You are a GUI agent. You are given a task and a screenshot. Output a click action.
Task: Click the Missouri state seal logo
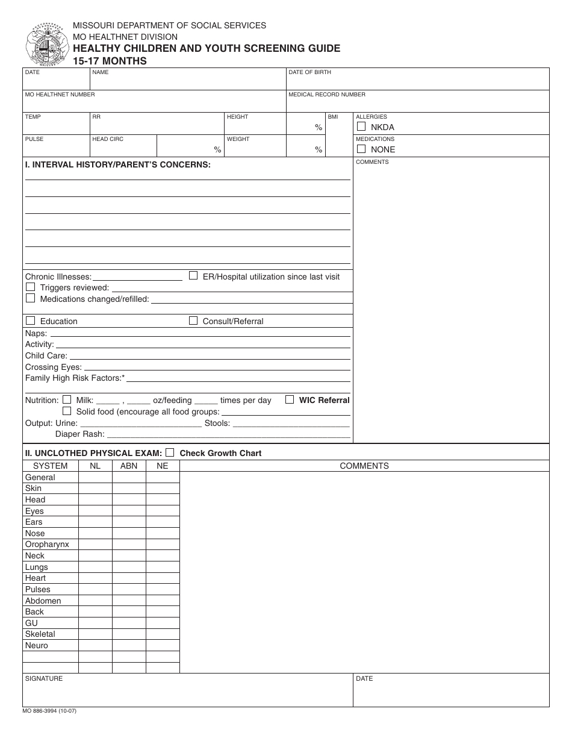tap(45, 45)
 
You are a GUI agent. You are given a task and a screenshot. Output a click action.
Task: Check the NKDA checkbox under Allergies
tap(361, 127)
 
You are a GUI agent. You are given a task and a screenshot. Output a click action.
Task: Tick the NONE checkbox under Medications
tap(361, 149)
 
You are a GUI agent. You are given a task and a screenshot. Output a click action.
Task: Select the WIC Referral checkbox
tap(290, 399)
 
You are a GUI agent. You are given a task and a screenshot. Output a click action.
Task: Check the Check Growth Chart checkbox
tap(170, 452)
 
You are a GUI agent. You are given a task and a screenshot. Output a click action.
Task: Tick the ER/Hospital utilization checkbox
tap(193, 276)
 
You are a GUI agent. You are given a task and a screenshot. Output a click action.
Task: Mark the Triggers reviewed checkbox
tap(30, 287)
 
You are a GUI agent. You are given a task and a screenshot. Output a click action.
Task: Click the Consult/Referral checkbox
tap(193, 320)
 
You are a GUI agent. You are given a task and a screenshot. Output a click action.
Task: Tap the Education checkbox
tap(30, 320)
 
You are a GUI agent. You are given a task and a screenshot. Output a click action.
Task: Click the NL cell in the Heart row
tap(95, 578)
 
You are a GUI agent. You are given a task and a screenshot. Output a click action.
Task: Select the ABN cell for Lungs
tap(129, 567)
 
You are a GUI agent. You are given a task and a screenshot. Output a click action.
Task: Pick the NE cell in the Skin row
tap(163, 489)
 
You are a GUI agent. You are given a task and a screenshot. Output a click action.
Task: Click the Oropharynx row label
tap(47, 545)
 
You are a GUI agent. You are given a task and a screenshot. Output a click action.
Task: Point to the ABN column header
tap(129, 466)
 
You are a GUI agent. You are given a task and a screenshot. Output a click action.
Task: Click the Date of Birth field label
tap(309, 72)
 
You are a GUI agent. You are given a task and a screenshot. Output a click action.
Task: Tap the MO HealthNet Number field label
tap(60, 95)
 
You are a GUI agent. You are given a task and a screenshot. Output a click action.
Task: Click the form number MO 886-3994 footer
tap(49, 711)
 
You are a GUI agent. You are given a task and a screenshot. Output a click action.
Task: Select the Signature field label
tap(43, 678)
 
